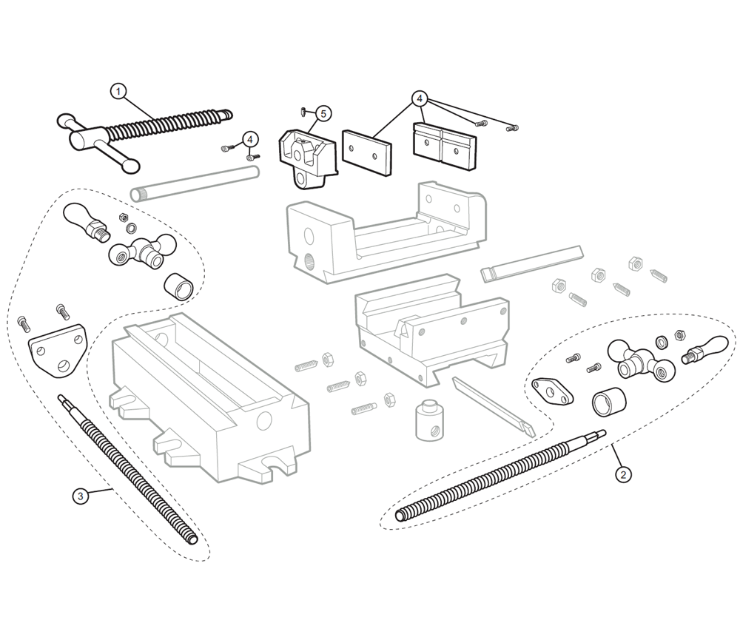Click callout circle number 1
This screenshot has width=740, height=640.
118,91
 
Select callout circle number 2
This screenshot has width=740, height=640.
623,474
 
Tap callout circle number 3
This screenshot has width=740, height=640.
81,496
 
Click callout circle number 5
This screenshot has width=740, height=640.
323,113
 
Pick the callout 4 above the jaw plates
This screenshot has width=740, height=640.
420,97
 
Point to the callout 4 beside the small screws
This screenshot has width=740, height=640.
250,138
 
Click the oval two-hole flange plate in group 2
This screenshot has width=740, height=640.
554,391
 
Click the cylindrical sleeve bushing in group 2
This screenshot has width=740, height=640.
608,404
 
